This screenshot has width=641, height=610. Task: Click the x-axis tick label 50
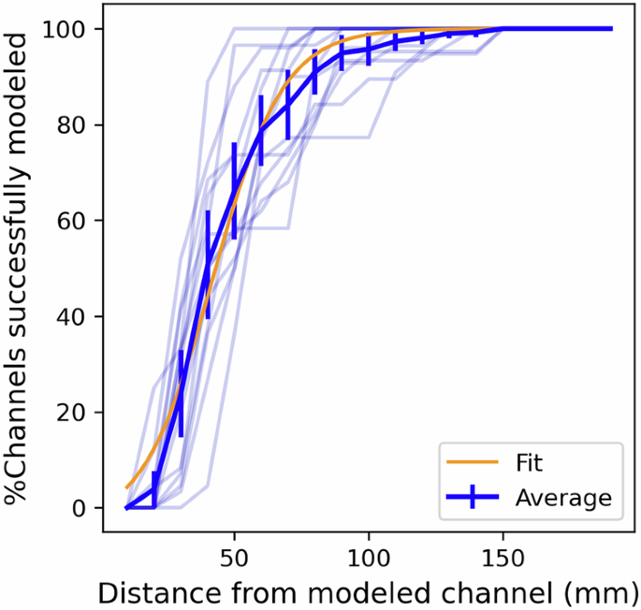[234, 556]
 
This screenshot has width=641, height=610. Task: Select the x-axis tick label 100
[369, 556]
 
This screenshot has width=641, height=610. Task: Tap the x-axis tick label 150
[503, 556]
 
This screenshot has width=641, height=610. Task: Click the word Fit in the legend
[529, 462]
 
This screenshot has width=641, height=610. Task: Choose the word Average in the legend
[562, 498]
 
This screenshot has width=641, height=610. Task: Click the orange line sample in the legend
[474, 462]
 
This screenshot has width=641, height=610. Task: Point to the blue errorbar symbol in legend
[474, 498]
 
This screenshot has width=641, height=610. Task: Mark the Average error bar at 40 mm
[208, 265]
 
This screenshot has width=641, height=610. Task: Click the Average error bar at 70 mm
[288, 104]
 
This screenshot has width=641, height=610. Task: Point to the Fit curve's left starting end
[127, 487]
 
